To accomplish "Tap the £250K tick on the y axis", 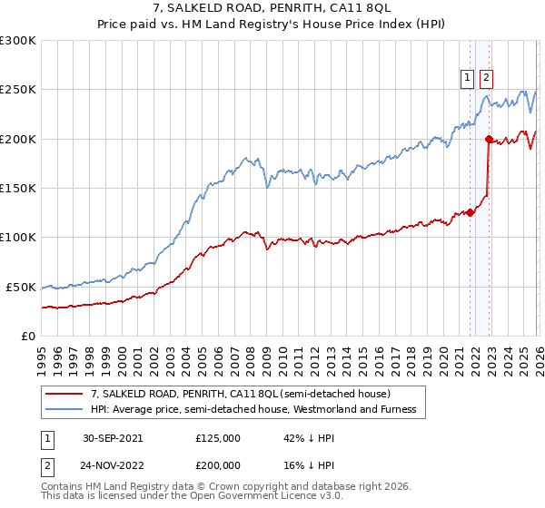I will (x=18, y=90).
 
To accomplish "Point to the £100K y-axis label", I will (x=18, y=237).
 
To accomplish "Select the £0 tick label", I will (x=28, y=336).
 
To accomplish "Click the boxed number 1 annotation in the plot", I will (x=467, y=79).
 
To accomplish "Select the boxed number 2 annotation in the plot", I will (x=486, y=79).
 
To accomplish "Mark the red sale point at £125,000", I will (x=471, y=212).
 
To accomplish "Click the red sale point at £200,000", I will (x=489, y=139).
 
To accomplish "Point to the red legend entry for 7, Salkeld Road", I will (x=241, y=394).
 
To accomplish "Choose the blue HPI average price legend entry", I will (x=253, y=409).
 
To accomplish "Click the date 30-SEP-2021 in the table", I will (x=113, y=437).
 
